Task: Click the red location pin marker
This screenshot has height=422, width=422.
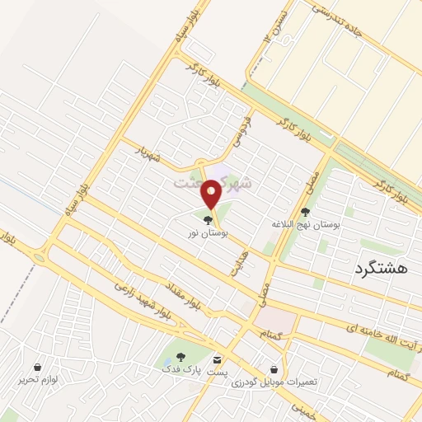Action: point(212,195)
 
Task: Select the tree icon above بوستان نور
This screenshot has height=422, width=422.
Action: point(207,219)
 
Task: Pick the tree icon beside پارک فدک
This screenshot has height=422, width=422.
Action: point(181,358)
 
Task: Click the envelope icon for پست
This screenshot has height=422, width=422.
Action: point(218,360)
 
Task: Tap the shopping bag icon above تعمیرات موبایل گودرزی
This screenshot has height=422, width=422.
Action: point(274,370)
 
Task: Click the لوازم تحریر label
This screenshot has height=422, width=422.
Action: point(38,380)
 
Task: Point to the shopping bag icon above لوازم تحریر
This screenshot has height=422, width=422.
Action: point(38,366)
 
